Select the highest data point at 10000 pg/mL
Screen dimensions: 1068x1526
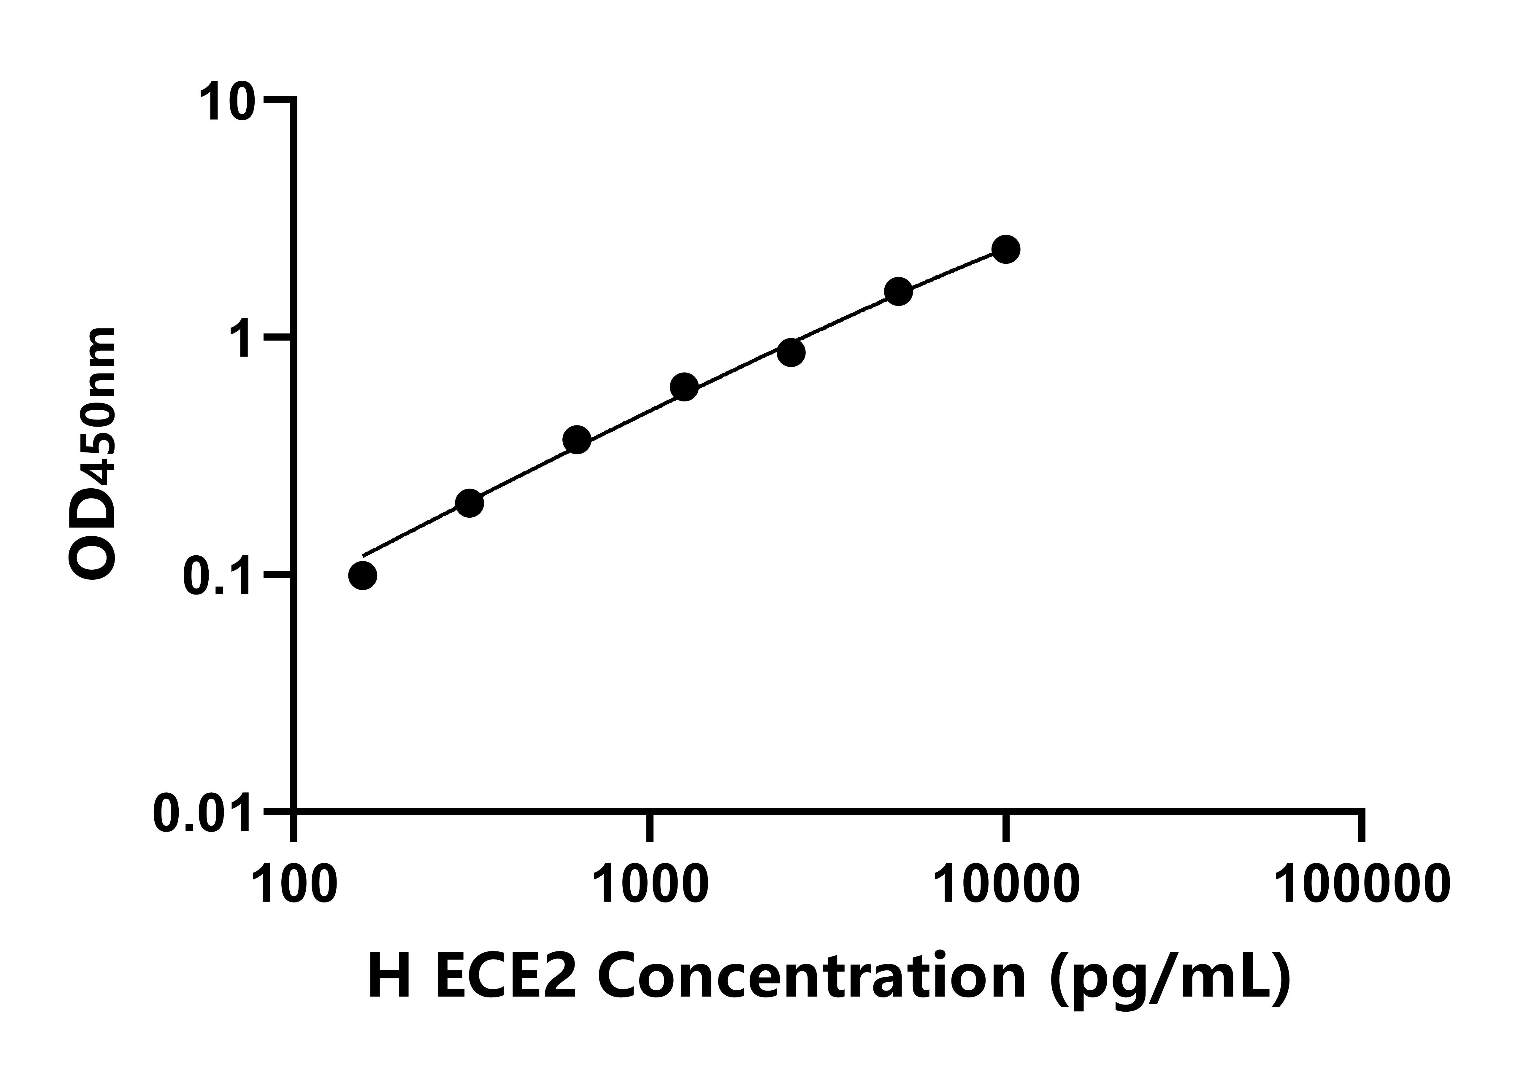click(x=1006, y=249)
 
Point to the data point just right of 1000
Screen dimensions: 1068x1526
click(x=684, y=387)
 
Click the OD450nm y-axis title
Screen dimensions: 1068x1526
click(x=93, y=455)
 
